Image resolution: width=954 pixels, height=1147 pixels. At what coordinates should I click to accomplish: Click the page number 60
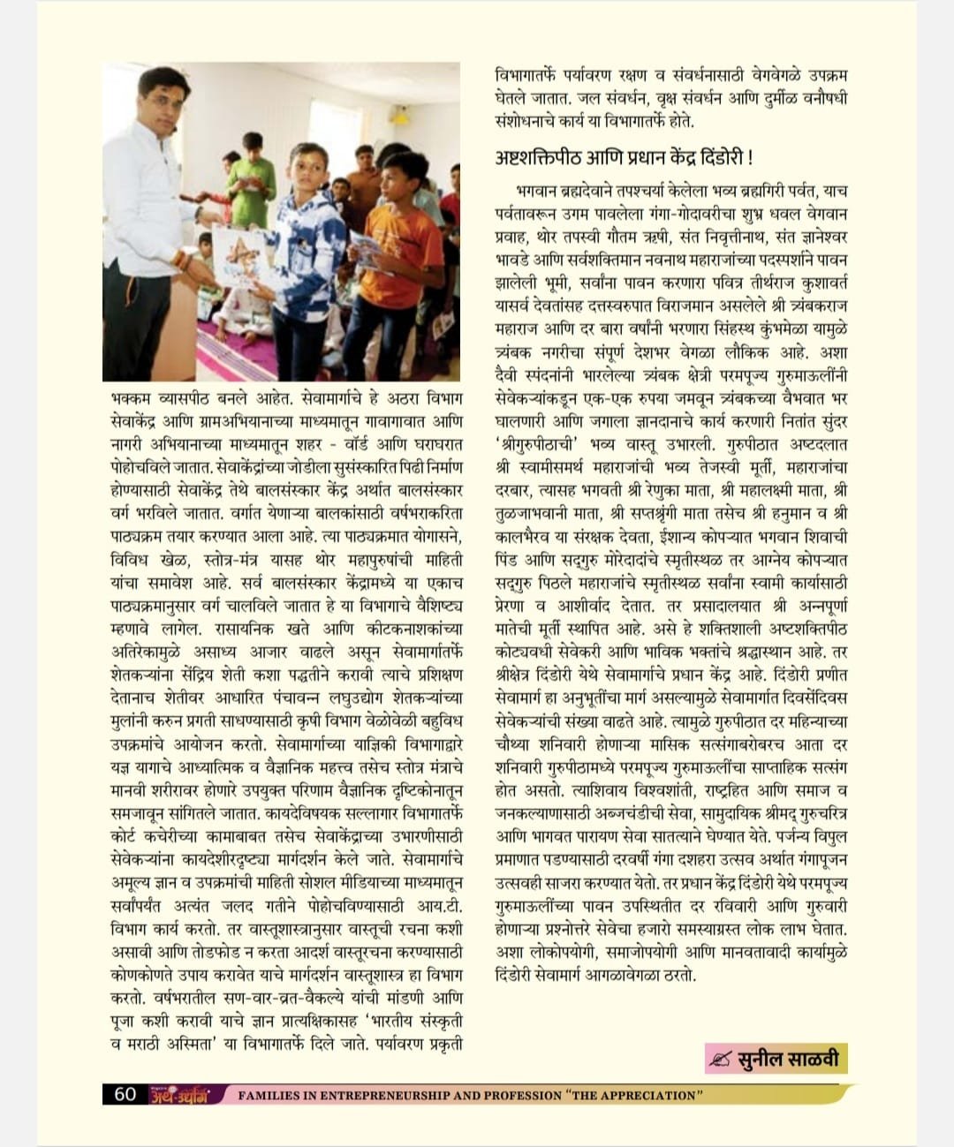tap(125, 1094)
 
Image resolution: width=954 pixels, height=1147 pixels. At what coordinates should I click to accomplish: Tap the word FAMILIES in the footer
tap(270, 1095)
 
